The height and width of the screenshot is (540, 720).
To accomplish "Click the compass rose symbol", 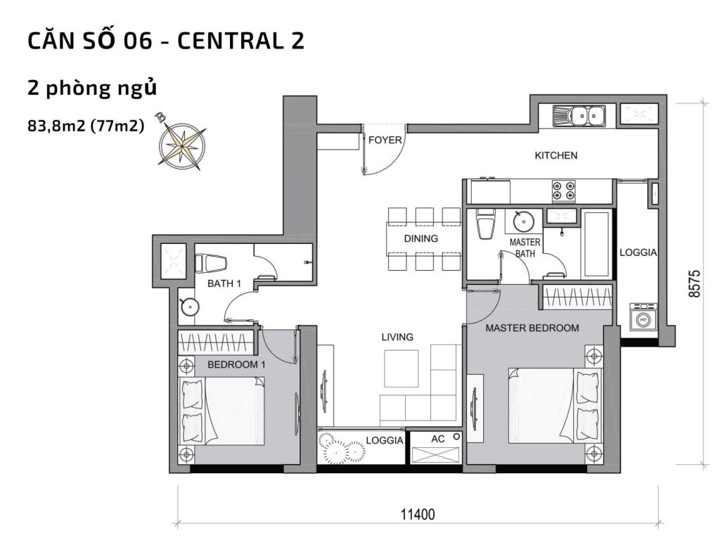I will (182, 143).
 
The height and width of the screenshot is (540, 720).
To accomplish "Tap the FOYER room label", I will (385, 140).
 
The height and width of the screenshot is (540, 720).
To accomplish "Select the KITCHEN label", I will (555, 155).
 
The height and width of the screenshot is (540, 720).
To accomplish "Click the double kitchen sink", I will (579, 115).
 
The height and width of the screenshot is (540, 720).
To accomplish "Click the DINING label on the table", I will (420, 238).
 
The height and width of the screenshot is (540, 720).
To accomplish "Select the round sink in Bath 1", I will (189, 306).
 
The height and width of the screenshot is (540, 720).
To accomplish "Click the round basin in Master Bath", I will (524, 221).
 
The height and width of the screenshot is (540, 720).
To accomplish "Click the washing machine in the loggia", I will (641, 319).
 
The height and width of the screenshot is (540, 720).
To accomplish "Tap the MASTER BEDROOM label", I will (532, 328).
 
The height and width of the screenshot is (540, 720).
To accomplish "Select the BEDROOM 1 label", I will (236, 365).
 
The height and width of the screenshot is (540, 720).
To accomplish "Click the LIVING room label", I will (397, 337).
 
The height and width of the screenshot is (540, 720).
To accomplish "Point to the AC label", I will (438, 439).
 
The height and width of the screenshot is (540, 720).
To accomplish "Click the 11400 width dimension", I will (419, 515).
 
